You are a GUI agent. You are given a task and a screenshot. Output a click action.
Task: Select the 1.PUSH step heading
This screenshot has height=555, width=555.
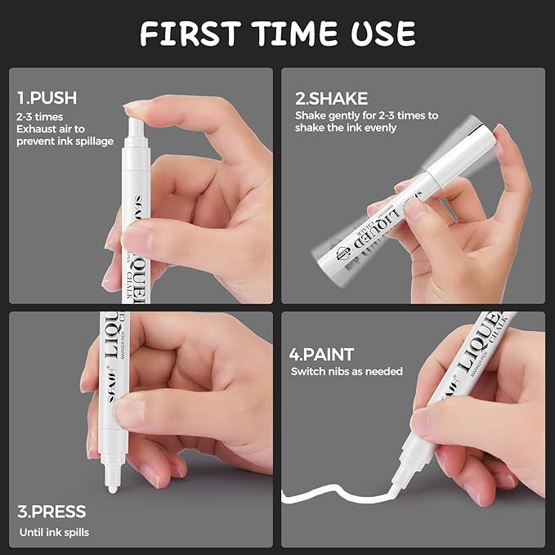(x=47, y=98)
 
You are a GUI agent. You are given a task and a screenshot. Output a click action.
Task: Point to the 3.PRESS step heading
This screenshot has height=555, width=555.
(x=51, y=512)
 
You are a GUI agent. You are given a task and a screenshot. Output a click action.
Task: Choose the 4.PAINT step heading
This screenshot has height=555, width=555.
(x=323, y=355)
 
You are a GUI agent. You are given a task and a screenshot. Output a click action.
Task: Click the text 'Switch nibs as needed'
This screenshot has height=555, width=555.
(x=347, y=371)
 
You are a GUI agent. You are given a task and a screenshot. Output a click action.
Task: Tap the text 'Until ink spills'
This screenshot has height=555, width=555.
(x=53, y=532)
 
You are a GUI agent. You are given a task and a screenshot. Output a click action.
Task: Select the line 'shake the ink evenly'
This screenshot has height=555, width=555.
(x=346, y=128)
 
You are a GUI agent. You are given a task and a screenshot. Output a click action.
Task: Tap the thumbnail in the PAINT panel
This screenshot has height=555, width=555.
(x=423, y=422)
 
